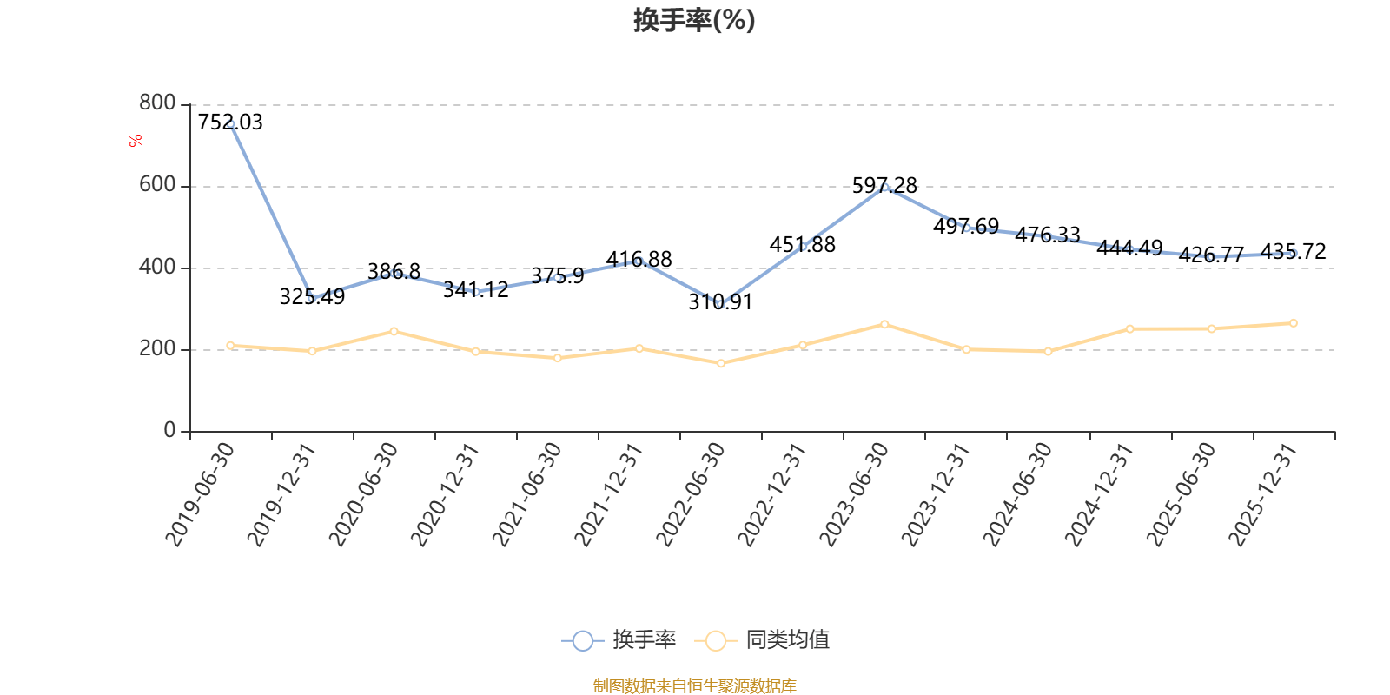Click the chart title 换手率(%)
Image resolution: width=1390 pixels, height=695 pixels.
[x=694, y=20]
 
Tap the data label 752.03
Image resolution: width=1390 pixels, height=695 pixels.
[x=230, y=122]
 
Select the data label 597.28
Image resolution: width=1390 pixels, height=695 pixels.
[x=884, y=185]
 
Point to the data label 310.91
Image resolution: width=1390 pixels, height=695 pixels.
[x=720, y=301]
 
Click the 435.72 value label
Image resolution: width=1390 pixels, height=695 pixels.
[x=1293, y=252]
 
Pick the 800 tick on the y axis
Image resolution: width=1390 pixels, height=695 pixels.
[x=157, y=103]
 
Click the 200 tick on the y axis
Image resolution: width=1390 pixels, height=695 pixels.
[x=157, y=349]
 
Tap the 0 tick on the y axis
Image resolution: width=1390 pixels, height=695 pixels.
[x=169, y=431]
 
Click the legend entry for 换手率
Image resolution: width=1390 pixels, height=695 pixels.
[x=619, y=640]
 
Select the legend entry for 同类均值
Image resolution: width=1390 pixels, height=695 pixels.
[x=763, y=640]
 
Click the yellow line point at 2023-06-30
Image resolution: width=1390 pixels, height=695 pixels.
[x=884, y=324]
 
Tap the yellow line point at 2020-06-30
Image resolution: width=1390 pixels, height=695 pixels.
[x=394, y=331]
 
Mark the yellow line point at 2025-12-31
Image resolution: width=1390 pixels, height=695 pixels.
[x=1294, y=323]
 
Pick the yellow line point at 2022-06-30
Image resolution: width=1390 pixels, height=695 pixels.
[x=721, y=363]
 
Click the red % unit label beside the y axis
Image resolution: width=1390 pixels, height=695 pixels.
[x=136, y=141]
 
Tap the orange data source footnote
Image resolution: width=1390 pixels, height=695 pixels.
[x=694, y=686]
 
